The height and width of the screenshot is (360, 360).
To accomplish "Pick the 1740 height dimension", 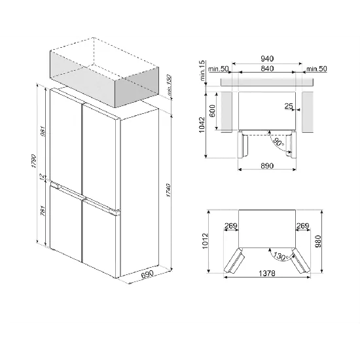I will [x=170, y=193].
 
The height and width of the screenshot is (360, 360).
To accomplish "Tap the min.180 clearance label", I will [x=169, y=85].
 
